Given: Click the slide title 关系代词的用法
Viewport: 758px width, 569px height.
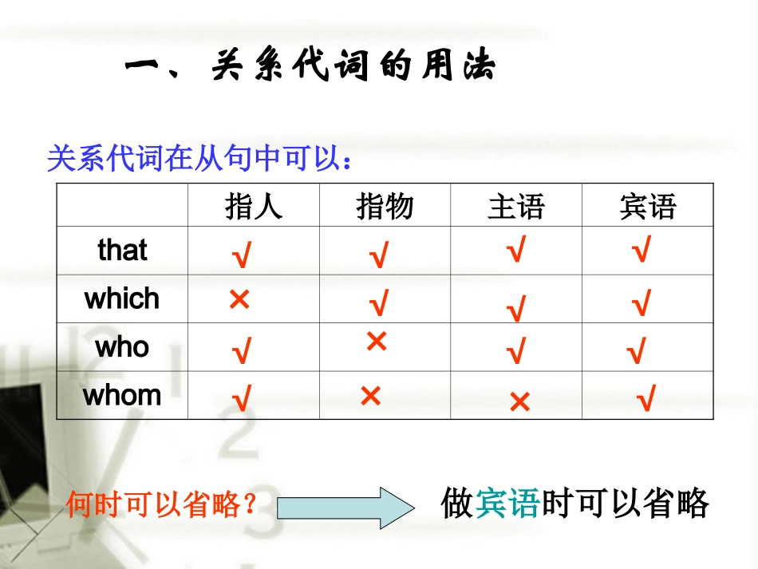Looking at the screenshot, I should tap(310, 67).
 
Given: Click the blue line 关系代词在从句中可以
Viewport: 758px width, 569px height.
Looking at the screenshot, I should tap(199, 159).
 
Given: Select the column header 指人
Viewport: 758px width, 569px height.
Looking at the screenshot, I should tap(254, 207).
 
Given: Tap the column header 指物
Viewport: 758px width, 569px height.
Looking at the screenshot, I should tap(385, 207).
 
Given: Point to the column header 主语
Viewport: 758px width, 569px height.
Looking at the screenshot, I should tap(516, 207).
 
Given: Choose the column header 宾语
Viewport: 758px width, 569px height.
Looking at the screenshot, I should tap(647, 207).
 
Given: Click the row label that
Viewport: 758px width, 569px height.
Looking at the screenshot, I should tap(122, 250).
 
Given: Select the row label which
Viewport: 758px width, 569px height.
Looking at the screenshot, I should tap(122, 298).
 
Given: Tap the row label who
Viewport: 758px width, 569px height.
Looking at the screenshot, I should tap(122, 347).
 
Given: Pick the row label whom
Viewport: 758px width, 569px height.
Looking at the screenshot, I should tap(122, 395).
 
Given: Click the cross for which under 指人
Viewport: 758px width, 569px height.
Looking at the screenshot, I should tap(239, 300).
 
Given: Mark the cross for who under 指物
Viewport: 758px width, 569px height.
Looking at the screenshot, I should tap(377, 342).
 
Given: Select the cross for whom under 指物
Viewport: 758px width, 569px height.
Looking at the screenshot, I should tap(370, 396).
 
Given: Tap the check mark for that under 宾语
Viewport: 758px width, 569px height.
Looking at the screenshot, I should tap(640, 251).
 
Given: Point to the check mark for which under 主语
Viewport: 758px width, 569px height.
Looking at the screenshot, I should tap(517, 308).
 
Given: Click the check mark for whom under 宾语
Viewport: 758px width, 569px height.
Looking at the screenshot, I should tap(646, 397).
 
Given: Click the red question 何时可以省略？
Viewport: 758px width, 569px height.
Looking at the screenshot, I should tap(162, 504).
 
